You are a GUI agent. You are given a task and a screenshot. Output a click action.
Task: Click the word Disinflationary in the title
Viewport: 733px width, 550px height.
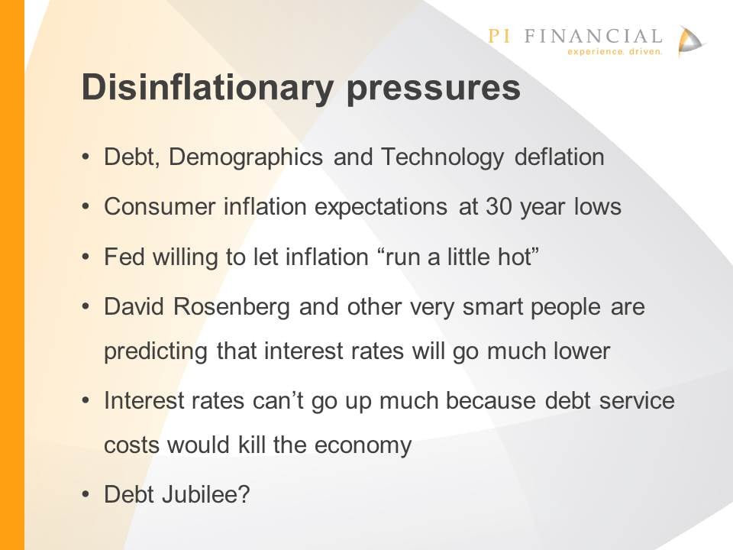[208, 88]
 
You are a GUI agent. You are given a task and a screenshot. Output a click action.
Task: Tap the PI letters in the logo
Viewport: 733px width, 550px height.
[499, 36]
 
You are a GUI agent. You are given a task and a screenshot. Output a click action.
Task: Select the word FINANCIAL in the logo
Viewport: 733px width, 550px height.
[593, 36]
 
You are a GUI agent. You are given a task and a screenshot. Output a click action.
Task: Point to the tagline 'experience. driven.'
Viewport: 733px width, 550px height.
[615, 51]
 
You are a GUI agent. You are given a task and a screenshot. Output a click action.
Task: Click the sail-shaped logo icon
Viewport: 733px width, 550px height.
[690, 41]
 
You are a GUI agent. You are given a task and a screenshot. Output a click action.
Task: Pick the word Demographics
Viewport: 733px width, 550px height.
[245, 157]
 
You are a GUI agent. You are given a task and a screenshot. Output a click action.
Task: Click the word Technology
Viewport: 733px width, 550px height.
[442, 157]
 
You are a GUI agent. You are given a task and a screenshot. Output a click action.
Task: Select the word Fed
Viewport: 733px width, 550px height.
[124, 257]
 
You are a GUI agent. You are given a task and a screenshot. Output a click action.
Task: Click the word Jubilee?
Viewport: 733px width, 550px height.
[205, 494]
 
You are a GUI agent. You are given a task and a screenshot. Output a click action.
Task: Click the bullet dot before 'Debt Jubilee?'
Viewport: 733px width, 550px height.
[85, 494]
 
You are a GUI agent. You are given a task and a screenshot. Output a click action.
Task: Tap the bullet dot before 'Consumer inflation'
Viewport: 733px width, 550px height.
[85, 206]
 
